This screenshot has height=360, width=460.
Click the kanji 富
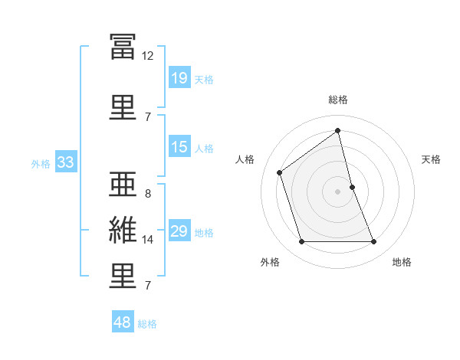click(x=123, y=48)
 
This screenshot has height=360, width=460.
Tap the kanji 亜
click(x=123, y=184)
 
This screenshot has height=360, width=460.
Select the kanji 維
click(x=123, y=231)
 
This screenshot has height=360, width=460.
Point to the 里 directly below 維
click(x=123, y=276)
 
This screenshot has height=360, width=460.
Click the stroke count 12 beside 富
click(x=148, y=56)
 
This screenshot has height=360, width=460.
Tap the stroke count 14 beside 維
click(x=148, y=240)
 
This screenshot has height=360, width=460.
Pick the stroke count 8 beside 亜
click(x=148, y=194)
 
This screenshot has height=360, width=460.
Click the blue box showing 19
click(x=179, y=78)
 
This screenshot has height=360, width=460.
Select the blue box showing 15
click(x=179, y=147)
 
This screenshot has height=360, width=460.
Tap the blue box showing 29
click(x=179, y=231)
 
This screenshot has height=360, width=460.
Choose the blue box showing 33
click(x=65, y=162)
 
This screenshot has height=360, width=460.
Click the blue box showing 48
click(x=123, y=322)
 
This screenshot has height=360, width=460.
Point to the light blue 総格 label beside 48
click(x=147, y=324)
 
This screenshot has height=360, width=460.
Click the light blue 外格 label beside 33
click(x=41, y=163)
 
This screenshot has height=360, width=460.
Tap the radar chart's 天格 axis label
click(x=432, y=159)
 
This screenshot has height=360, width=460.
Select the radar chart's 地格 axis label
click(x=402, y=262)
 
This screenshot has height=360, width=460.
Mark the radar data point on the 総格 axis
click(x=337, y=131)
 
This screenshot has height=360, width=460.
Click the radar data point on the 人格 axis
click(x=280, y=172)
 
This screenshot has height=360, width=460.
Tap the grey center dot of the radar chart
click(x=337, y=191)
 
